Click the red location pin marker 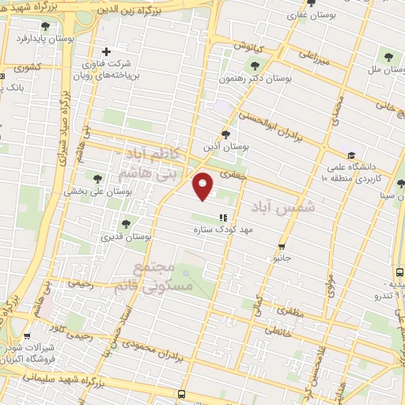coord(203,186)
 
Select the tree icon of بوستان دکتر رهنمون coord(255,66)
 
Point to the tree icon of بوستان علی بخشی coord(97,179)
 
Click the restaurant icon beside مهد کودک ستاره coord(223,217)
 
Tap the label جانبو coord(282,258)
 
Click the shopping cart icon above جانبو coord(283,246)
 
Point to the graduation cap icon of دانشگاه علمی coord(351,155)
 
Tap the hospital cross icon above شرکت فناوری coord(106,51)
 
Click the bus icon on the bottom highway coord(181,394)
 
